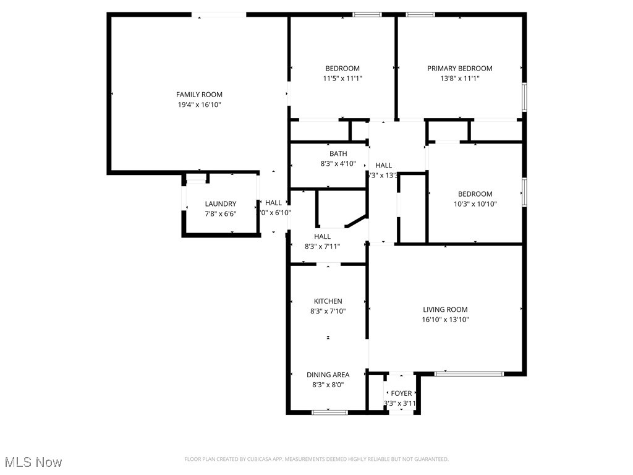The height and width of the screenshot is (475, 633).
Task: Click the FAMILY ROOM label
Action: click(x=199, y=95)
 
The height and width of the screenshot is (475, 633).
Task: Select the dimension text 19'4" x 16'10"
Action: click(x=199, y=105)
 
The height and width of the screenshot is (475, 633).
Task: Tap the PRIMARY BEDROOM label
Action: click(x=459, y=69)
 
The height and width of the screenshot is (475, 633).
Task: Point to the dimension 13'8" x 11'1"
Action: click(x=459, y=79)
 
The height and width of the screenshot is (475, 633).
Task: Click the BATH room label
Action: click(x=338, y=153)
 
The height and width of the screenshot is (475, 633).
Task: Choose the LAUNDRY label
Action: click(x=221, y=203)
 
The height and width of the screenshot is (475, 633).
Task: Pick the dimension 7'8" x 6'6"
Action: click(x=221, y=214)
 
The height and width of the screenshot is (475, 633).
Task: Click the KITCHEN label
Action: click(x=328, y=301)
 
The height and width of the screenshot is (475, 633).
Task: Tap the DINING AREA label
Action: click(x=328, y=374)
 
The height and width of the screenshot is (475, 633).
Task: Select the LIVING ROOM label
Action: click(x=445, y=309)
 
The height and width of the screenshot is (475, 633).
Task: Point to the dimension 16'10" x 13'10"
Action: click(x=445, y=320)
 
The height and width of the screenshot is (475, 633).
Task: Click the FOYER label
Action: click(x=401, y=393)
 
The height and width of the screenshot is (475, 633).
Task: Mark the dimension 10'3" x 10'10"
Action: click(x=475, y=204)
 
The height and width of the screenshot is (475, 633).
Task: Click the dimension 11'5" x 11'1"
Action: click(x=342, y=79)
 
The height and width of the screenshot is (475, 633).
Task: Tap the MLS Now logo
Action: click(x=33, y=462)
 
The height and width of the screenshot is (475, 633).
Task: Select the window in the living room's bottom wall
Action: click(x=469, y=374)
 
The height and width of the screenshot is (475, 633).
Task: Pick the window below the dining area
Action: click(x=329, y=412)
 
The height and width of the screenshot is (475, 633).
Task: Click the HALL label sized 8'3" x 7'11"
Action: click(x=322, y=236)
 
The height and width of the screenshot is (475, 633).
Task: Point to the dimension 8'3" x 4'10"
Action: click(x=338, y=164)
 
